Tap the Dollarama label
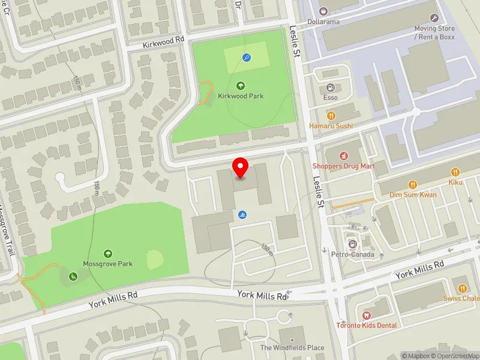323,22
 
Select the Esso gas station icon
331,88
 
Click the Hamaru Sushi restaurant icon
331,116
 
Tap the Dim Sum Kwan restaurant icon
413,184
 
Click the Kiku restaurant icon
455,172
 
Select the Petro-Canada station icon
353,244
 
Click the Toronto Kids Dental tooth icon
366,314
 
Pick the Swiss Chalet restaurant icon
462,288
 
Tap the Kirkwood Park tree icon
241,86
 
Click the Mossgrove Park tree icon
108,254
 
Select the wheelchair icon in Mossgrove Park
73,277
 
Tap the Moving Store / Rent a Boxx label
434,32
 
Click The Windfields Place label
292,347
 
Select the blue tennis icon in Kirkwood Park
247,58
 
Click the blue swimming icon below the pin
242,215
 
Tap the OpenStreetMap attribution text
455,356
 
